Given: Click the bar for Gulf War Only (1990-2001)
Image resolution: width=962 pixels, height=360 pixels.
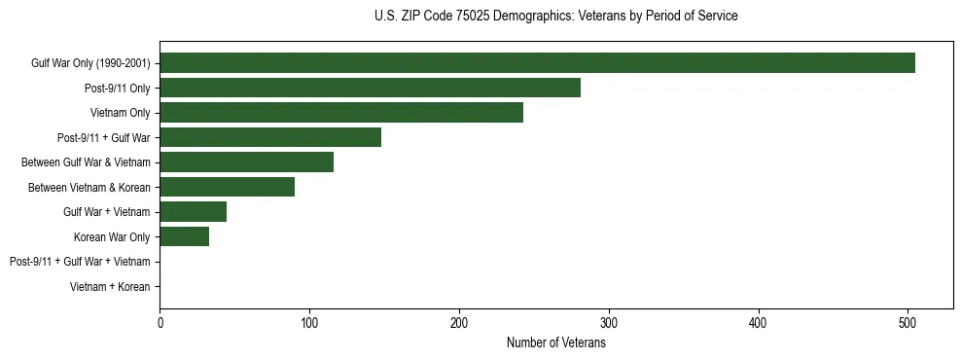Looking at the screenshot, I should tap(537, 63).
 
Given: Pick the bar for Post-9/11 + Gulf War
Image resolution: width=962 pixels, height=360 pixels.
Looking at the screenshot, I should tap(270, 137).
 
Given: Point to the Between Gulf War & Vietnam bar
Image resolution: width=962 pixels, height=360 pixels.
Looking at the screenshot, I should tap(246, 162).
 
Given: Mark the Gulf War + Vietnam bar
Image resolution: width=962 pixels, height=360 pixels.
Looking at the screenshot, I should tap(193, 212).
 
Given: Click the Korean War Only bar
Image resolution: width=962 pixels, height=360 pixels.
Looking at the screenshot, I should tap(184, 236).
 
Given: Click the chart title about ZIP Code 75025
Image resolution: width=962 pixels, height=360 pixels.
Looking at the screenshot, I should tap(555, 17).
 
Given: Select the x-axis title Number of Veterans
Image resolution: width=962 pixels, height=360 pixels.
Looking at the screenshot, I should tap(555, 343).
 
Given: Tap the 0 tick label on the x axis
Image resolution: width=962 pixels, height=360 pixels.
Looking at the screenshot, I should tap(160, 323).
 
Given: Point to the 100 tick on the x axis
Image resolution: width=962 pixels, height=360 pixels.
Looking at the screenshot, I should tap(309, 323).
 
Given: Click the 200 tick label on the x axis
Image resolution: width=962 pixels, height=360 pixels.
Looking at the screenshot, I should tap(459, 323).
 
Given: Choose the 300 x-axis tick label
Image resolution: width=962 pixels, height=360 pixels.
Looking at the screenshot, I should tap(609, 323).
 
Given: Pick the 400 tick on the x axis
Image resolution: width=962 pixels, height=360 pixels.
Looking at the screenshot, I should tap(759, 323).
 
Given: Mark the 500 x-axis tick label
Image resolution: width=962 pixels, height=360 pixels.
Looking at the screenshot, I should tap(908, 323).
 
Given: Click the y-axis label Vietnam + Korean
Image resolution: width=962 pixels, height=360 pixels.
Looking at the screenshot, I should tap(110, 287).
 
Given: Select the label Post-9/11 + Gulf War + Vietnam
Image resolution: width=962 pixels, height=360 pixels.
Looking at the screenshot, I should tap(80, 262).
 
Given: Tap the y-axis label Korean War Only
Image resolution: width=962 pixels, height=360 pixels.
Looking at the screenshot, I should tap(112, 237).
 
